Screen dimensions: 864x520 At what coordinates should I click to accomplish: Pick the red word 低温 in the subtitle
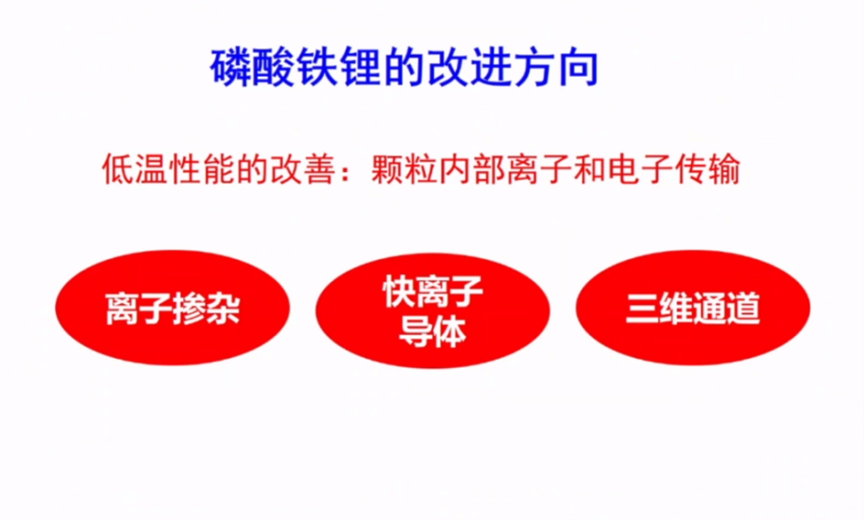pos(136,168)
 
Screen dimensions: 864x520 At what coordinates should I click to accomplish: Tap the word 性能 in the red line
pos(203,168)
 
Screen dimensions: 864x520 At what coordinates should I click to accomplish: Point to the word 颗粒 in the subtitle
pos(404,168)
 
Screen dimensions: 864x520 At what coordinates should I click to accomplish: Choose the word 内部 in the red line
pos(472,168)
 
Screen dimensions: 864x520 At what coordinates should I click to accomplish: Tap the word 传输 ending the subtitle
pos(707,168)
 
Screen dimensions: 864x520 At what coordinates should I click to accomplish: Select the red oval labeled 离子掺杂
pos(173,308)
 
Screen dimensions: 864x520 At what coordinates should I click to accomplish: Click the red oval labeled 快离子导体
pos(433,311)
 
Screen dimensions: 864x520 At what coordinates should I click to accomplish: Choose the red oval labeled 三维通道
pos(693,308)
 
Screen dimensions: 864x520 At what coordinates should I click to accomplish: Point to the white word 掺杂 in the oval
pos(206,308)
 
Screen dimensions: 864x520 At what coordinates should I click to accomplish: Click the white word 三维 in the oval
pos(659,308)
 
